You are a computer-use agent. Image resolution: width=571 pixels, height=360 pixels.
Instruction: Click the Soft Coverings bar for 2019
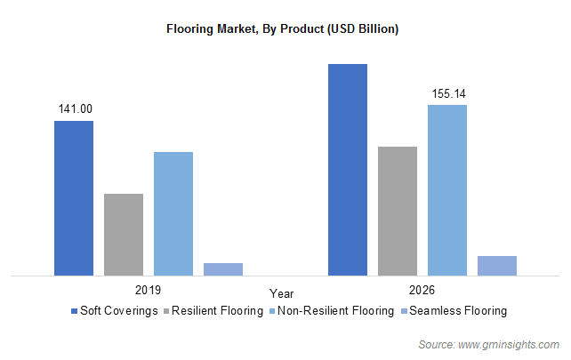click(74, 197)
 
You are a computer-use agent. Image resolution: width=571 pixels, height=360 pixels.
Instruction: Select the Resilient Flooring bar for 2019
click(124, 234)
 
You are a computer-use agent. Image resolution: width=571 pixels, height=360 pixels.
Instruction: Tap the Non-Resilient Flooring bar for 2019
click(173, 213)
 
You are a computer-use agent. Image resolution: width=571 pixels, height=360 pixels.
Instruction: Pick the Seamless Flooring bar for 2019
click(223, 268)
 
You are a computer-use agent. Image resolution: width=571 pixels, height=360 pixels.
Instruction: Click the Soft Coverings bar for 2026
click(348, 169)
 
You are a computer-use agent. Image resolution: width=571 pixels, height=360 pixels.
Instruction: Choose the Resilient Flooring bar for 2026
click(398, 211)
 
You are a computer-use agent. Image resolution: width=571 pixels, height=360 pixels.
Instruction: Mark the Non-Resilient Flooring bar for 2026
click(447, 189)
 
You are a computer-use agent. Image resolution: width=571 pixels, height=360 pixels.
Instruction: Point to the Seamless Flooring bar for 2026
click(497, 265)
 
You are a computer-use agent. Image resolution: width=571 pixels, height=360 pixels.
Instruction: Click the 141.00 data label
click(75, 109)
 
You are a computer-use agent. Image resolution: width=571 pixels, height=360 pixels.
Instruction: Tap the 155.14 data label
click(448, 93)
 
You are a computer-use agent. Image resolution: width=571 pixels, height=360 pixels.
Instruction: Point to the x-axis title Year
click(283, 293)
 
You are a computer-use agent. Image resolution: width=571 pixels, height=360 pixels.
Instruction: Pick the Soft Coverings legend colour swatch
click(74, 311)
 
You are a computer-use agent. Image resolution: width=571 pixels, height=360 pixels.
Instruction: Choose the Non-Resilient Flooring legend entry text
click(335, 311)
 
